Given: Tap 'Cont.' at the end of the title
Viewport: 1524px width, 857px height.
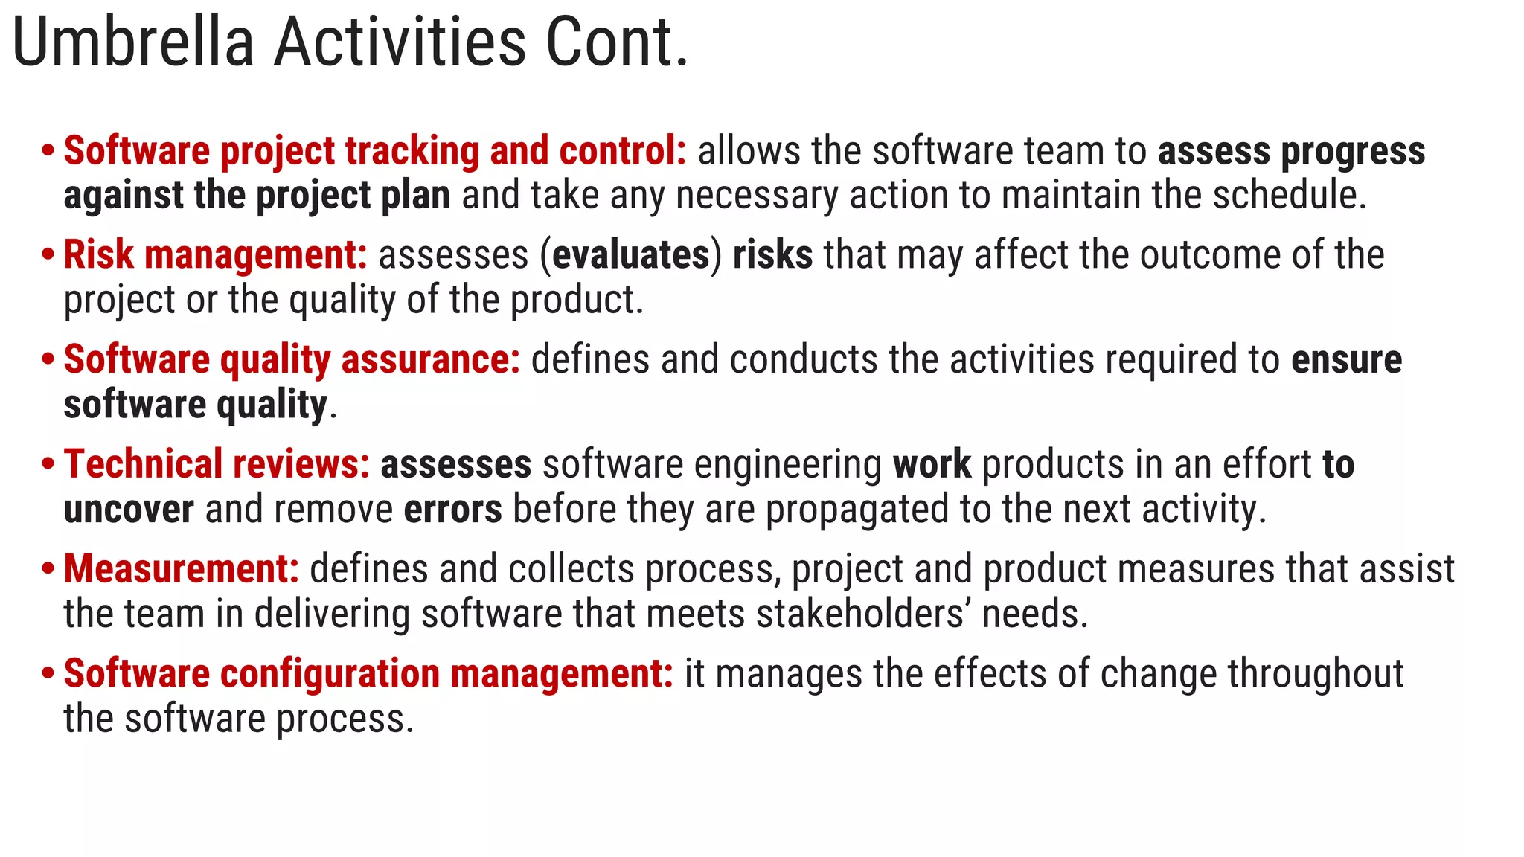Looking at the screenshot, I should tap(617, 43).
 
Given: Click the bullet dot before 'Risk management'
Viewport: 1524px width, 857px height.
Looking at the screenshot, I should tap(48, 255).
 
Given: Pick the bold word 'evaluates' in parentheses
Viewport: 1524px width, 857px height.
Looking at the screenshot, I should tap(631, 255).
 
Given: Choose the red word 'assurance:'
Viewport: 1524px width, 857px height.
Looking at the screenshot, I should tap(431, 360).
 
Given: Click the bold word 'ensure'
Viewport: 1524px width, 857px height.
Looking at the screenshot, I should tap(1346, 360).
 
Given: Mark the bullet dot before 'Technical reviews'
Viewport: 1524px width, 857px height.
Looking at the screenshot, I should tap(48, 464).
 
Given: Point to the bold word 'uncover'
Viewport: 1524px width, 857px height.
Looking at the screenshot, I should tap(129, 510).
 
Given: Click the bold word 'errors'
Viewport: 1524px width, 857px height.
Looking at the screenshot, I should tap(452, 510).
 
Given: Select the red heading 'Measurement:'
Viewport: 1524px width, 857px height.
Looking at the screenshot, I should tap(182, 569).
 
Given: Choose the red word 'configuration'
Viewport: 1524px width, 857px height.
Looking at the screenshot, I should tap(330, 675).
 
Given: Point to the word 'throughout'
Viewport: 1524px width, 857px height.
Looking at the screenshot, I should tap(1315, 674).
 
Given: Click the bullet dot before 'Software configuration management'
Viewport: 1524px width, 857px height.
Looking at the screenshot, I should tap(48, 674).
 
